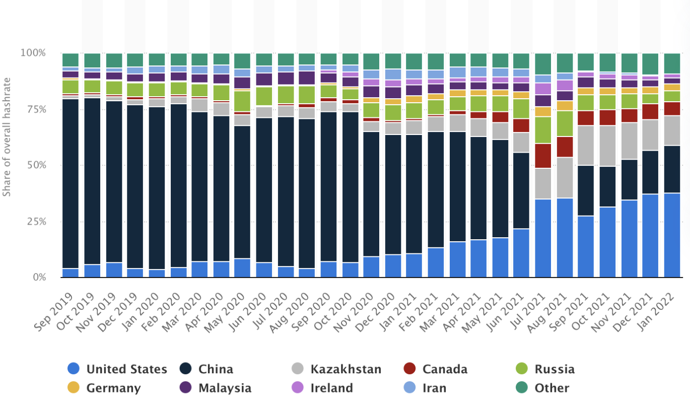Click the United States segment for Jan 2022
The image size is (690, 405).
[672, 235]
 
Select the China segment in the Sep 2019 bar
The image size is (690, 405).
[71, 183]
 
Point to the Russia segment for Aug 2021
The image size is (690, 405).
[565, 123]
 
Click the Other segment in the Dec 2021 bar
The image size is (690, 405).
[650, 64]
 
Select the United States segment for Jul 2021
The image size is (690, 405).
[543, 238]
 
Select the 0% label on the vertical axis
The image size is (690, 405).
[39, 278]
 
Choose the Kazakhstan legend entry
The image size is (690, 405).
[346, 369]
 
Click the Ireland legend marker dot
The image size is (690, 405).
[298, 388]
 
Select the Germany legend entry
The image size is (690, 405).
[113, 388]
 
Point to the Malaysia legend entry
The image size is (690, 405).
[225, 388]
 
